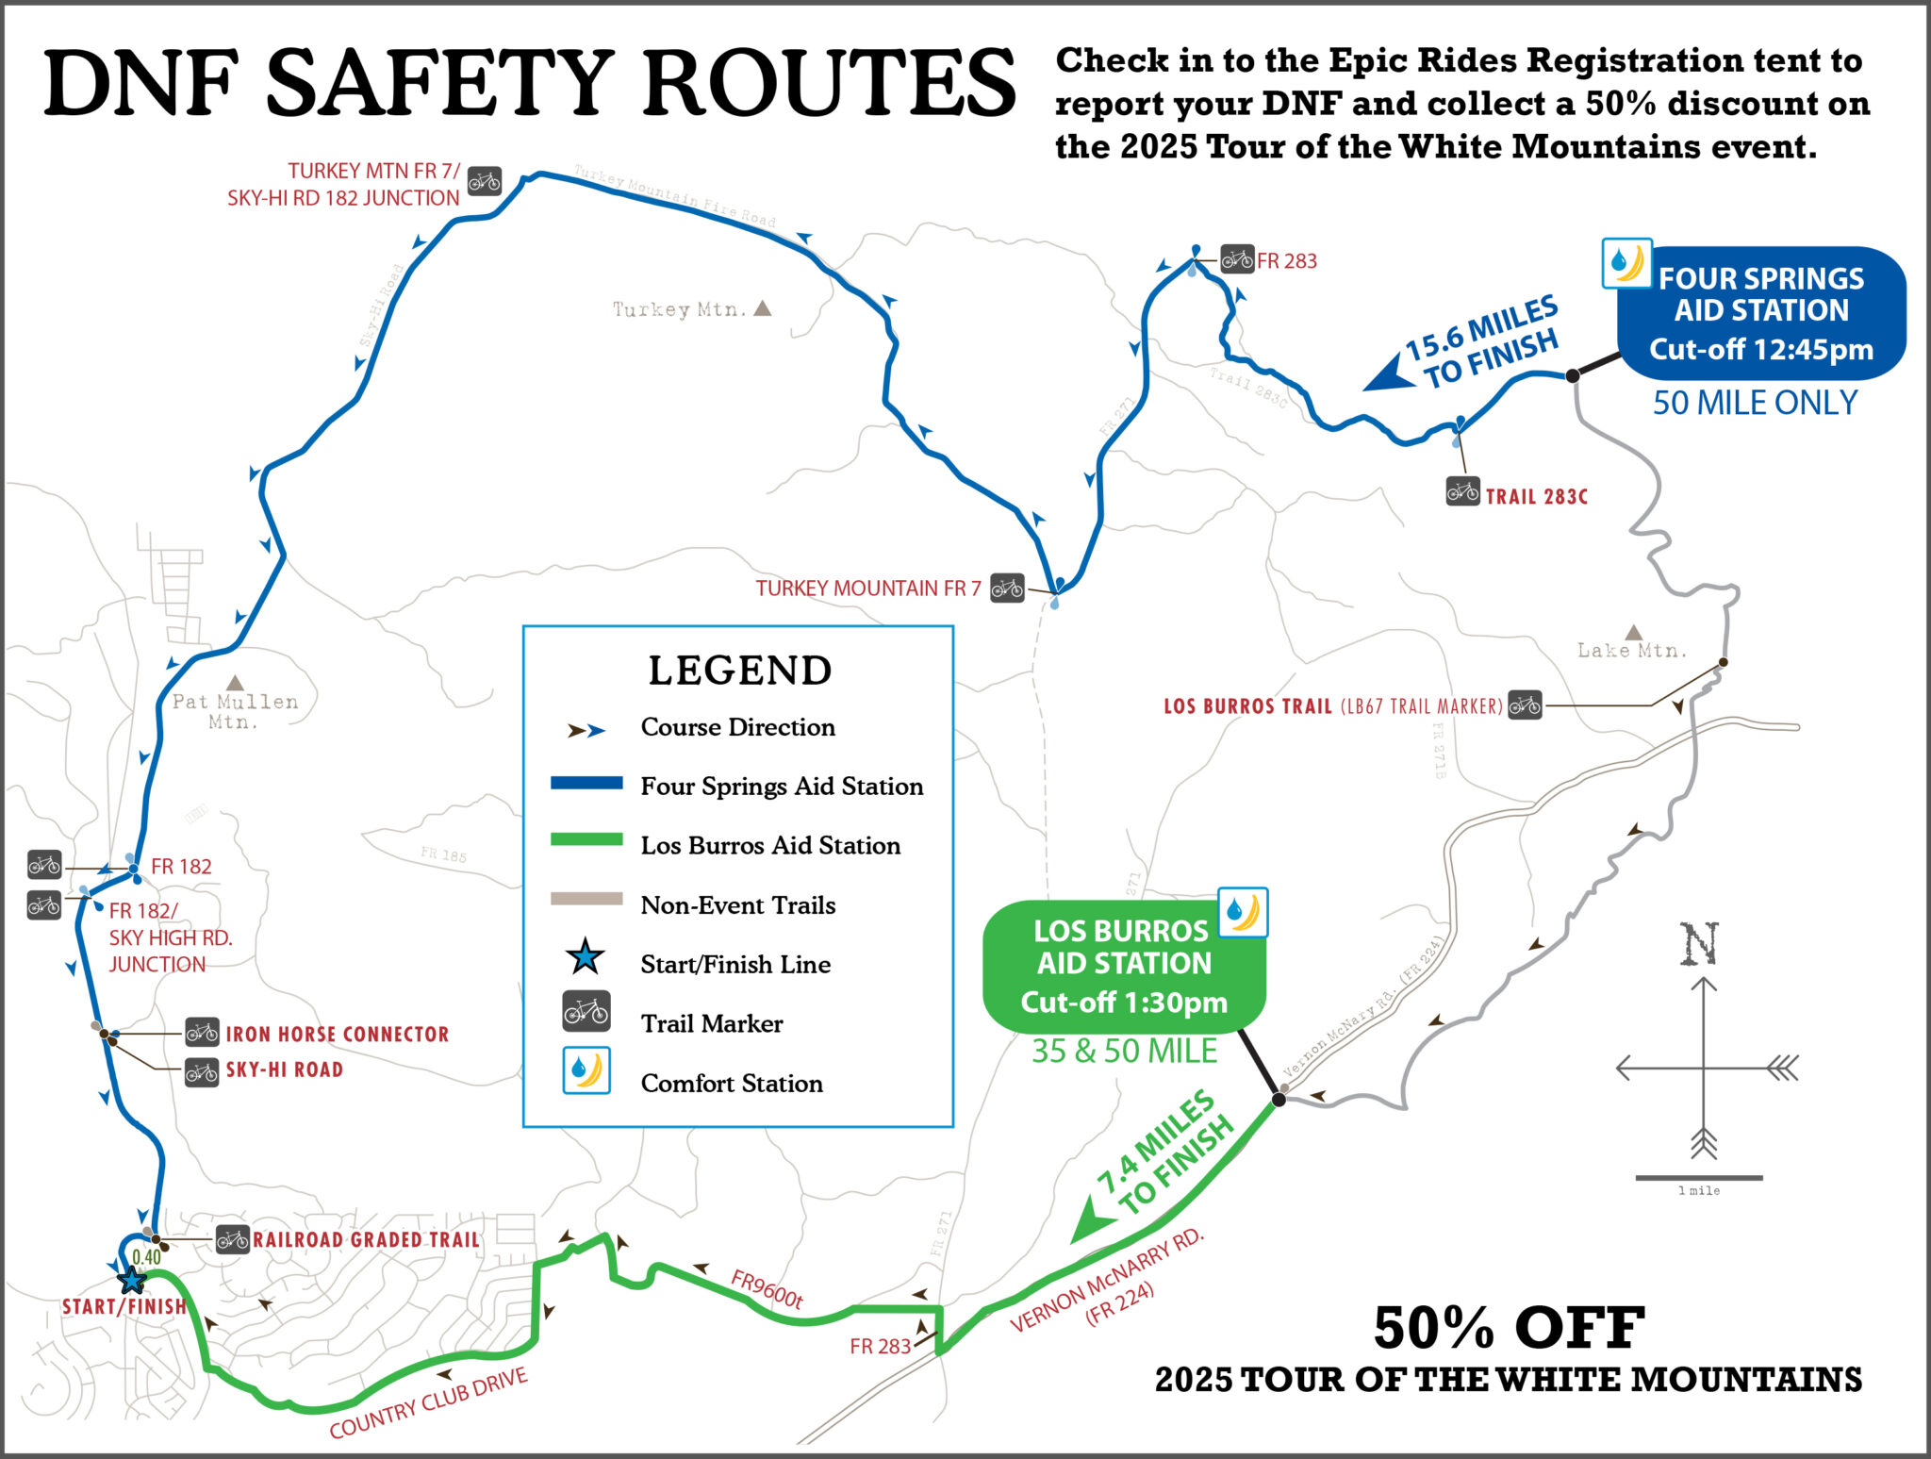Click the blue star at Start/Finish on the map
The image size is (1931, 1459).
coord(132,1280)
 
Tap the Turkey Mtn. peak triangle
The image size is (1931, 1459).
coord(763,308)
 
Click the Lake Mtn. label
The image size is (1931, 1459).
coord(1631,650)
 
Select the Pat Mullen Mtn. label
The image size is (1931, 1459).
coord(235,711)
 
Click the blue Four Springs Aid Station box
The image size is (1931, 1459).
coord(1760,313)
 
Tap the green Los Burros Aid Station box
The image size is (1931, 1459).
coord(1123,966)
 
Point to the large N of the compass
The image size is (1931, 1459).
coord(1700,944)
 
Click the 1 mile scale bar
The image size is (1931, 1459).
coord(1698,1178)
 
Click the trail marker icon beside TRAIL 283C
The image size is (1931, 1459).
coord(1462,491)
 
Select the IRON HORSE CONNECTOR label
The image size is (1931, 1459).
coord(337,1034)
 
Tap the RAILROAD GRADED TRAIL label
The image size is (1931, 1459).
coord(366,1239)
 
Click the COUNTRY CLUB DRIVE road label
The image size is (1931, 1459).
coord(428,1402)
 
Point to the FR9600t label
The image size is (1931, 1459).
coord(767,1289)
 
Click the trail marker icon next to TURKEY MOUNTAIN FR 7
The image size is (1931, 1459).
coord(1007,589)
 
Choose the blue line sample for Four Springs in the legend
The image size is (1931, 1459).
coord(586,783)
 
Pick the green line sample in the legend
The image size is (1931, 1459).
coord(586,839)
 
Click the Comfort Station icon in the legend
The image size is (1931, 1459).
coord(586,1070)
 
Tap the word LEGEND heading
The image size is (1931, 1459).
coord(739,671)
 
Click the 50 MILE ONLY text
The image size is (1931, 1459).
coord(1755,403)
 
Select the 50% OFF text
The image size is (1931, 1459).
coord(1509,1328)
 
